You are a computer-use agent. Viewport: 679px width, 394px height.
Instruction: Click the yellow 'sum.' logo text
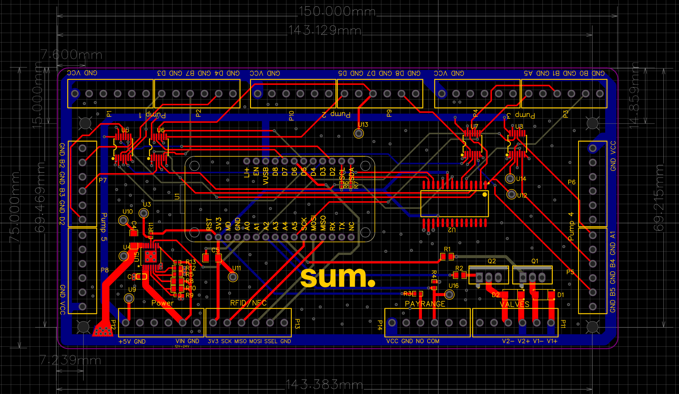pyautogui.click(x=338, y=277)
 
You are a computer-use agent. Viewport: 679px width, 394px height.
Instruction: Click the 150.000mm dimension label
pyautogui.click(x=337, y=12)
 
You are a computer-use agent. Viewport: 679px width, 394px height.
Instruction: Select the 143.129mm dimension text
pyautogui.click(x=325, y=31)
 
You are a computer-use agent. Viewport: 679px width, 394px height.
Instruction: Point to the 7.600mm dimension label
pyautogui.click(x=71, y=55)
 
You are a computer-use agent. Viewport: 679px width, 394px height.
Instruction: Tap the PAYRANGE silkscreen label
pyautogui.click(x=425, y=304)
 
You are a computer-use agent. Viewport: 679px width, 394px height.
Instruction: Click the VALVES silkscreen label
pyautogui.click(x=514, y=304)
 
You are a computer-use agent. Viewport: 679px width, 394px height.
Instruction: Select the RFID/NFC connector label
pyautogui.click(x=248, y=303)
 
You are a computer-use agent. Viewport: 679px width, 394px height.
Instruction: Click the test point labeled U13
pyautogui.click(x=359, y=133)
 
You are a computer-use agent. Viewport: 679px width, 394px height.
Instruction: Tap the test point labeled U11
pyautogui.click(x=233, y=277)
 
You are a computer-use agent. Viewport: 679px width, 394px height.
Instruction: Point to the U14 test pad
pyautogui.click(x=510, y=179)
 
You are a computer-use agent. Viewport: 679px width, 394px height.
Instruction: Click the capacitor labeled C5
pyautogui.click(x=212, y=258)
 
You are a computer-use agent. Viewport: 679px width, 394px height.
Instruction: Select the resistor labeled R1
pyautogui.click(x=447, y=257)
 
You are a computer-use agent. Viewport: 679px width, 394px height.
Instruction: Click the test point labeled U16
pyautogui.click(x=449, y=294)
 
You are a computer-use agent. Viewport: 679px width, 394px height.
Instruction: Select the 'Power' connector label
pyautogui.click(x=162, y=303)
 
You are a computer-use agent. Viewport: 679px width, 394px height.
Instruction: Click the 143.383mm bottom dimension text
pyautogui.click(x=324, y=384)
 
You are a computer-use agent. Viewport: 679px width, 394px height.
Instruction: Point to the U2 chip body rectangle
pyautogui.click(x=454, y=204)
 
